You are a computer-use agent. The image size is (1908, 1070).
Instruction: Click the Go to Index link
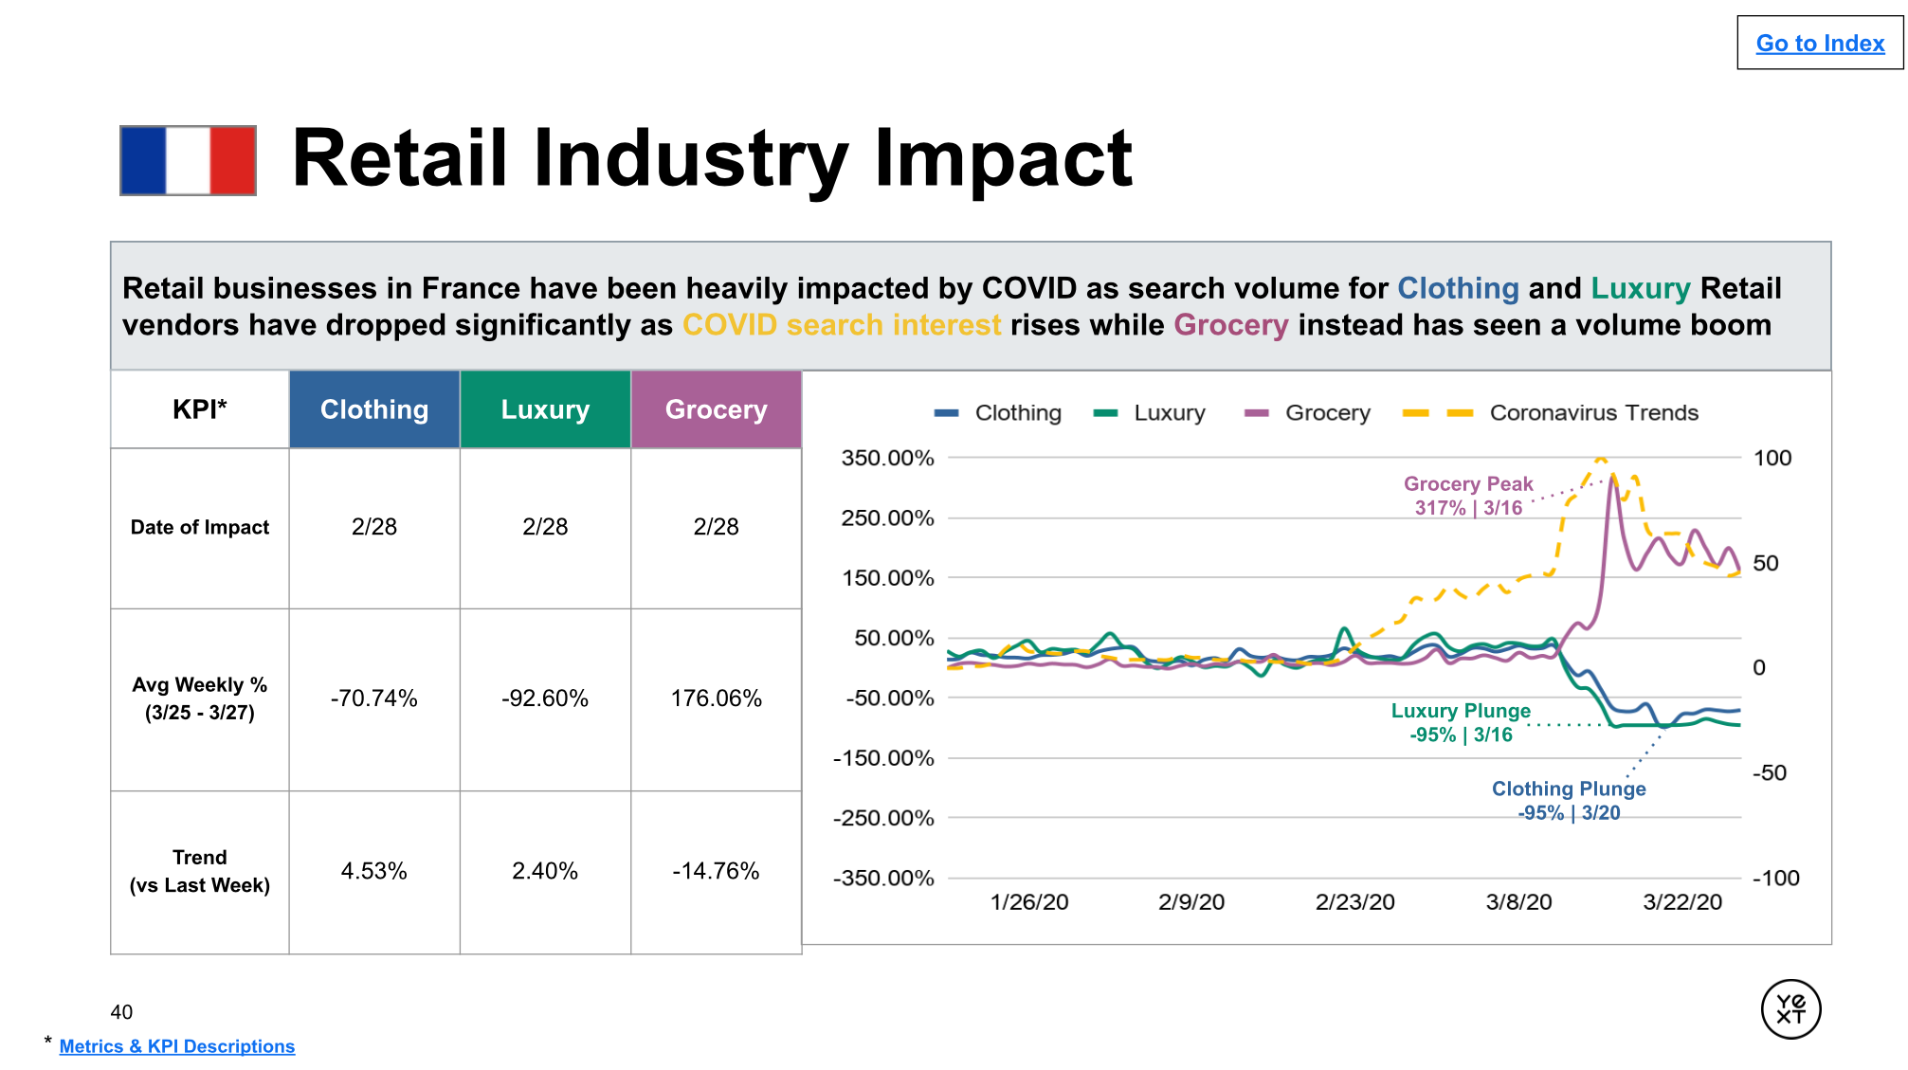point(1819,44)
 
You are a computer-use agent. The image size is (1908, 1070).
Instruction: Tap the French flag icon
point(188,160)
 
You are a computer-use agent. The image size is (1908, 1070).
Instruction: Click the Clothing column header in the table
point(374,409)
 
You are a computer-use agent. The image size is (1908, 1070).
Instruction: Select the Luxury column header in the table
point(545,409)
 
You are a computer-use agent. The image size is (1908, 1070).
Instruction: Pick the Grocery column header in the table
point(716,409)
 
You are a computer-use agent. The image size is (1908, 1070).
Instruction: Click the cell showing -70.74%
point(374,698)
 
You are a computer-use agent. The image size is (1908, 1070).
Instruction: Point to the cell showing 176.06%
point(716,698)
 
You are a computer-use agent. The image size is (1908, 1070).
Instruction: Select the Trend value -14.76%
point(716,871)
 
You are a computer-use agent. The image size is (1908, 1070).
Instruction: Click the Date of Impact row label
point(200,527)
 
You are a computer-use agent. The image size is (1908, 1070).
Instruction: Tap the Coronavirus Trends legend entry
point(1593,413)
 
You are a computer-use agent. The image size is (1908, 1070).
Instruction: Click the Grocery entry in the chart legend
point(1327,413)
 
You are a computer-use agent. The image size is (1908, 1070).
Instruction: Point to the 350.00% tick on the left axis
point(887,458)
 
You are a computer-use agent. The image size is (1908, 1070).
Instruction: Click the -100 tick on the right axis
point(1775,879)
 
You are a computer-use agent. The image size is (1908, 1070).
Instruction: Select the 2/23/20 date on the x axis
point(1354,902)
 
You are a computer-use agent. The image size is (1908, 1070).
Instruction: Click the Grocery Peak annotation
point(1468,496)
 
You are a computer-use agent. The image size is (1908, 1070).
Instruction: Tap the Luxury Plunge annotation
point(1461,722)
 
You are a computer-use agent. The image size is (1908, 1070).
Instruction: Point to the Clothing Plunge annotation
point(1569,801)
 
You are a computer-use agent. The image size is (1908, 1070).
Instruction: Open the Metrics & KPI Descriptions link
point(177,1046)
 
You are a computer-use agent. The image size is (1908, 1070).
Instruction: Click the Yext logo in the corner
point(1790,1009)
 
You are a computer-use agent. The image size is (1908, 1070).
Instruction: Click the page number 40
point(121,1012)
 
